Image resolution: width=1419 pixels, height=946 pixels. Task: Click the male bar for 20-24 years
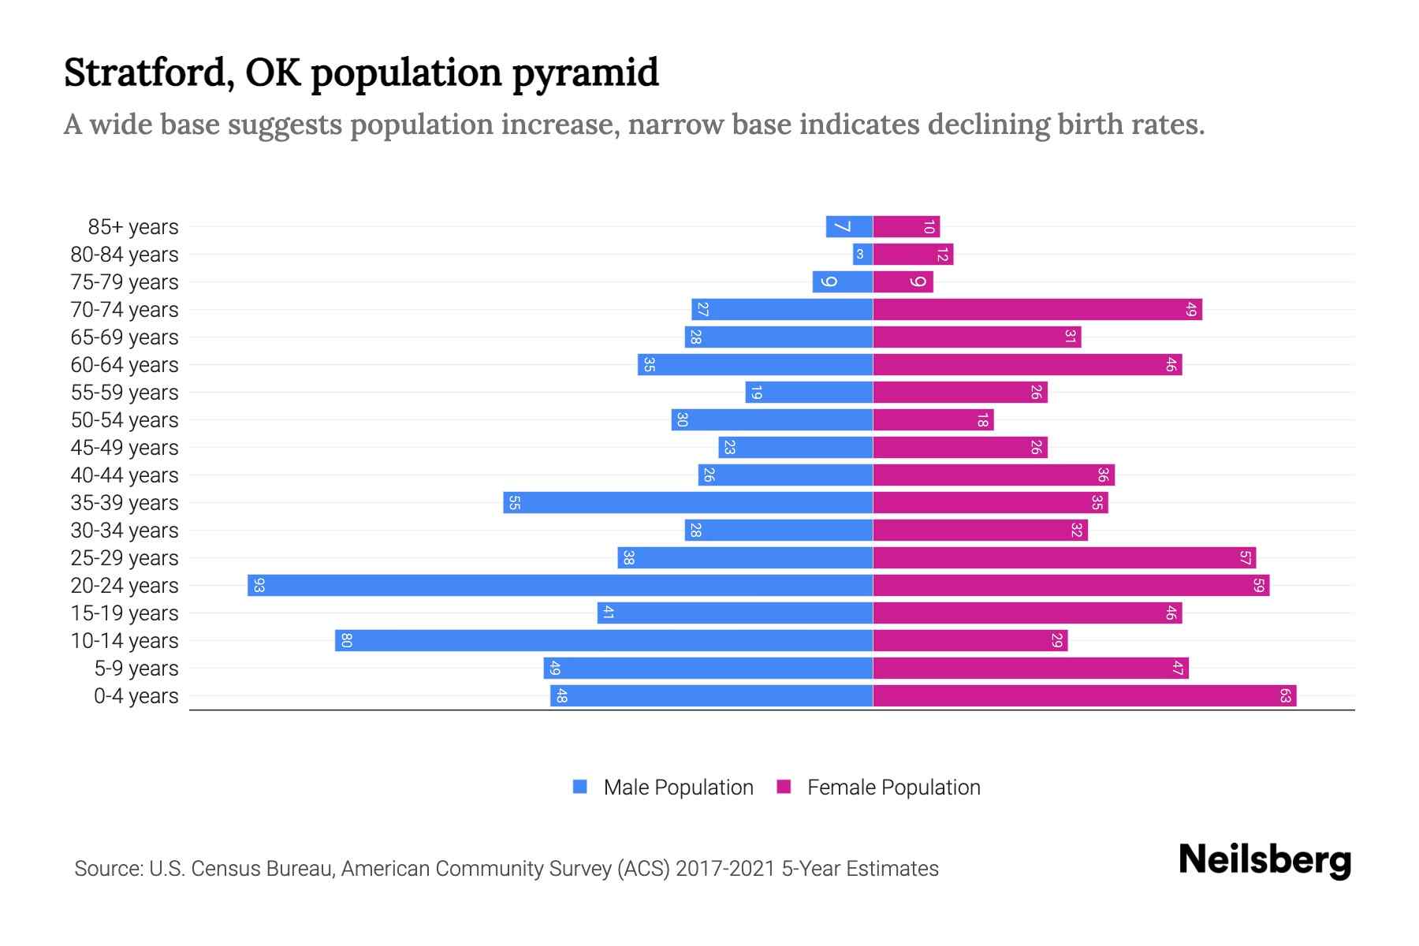[560, 585]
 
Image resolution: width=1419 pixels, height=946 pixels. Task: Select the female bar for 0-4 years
[1084, 695]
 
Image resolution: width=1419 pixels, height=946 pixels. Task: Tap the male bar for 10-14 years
[604, 640]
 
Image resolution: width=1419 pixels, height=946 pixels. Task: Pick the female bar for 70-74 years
[1037, 309]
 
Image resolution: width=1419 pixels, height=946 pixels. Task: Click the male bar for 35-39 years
[687, 502]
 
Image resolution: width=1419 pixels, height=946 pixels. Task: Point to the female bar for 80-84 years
[913, 254]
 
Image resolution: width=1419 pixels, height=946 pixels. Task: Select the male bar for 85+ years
[849, 226]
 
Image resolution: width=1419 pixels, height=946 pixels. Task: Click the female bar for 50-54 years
[933, 419]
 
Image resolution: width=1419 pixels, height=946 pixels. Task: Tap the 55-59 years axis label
[125, 393]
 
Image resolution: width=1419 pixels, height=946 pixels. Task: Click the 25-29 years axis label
[125, 558]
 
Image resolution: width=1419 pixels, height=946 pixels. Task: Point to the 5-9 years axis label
[136, 669]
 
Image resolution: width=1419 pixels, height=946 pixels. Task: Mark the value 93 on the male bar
[259, 585]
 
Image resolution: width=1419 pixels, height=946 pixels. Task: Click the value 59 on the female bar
[1258, 585]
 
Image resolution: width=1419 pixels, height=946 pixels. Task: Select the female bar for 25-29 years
[1063, 557]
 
